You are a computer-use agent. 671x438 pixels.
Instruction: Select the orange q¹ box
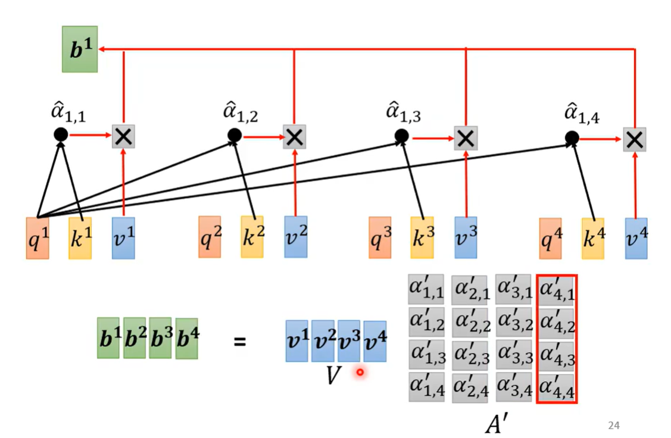coord(38,238)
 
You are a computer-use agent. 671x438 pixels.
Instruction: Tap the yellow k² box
coord(252,237)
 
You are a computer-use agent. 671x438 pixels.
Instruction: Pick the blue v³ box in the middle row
coord(466,237)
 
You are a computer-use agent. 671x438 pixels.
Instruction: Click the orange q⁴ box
coord(550,238)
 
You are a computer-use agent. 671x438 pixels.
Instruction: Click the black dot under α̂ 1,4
coord(572,139)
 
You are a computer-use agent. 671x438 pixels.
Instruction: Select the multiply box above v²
coord(294,137)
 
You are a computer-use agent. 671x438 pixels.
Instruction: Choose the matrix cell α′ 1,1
coord(426,290)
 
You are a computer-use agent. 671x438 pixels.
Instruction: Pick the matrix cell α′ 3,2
coord(513,323)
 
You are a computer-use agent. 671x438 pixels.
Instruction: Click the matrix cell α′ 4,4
coord(556,387)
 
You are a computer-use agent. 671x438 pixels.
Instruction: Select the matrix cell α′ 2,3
coord(469,355)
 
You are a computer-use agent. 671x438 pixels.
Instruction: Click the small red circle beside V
coord(360,373)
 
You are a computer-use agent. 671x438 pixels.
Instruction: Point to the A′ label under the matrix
coord(496,424)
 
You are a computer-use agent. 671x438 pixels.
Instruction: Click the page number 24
coord(614,425)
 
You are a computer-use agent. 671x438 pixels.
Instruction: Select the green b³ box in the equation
coord(161,341)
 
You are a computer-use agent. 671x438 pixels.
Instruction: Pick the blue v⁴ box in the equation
coord(374,341)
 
